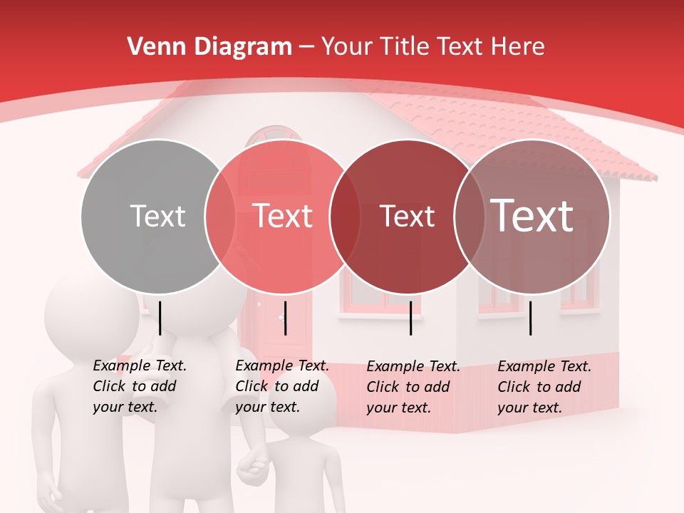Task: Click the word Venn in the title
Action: [150, 47]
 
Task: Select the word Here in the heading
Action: [518, 47]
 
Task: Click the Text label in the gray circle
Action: [157, 216]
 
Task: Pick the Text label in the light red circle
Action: [283, 216]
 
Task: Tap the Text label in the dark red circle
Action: [407, 216]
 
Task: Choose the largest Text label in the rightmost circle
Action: [532, 215]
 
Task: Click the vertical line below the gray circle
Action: [160, 318]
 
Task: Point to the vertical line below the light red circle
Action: [285, 318]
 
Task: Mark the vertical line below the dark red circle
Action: [410, 318]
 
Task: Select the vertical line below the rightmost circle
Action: [531, 318]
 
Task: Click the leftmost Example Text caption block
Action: [140, 386]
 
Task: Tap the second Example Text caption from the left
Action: [282, 386]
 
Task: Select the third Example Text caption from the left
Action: [413, 387]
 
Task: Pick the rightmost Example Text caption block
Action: [544, 387]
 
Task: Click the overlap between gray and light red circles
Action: [220, 216]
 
